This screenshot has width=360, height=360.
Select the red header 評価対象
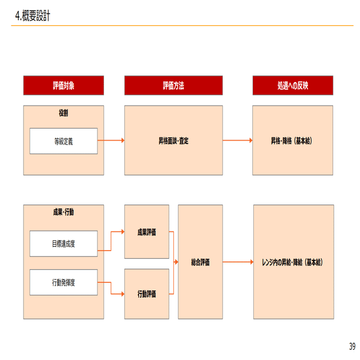click(63, 85)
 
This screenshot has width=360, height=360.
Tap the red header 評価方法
click(173, 85)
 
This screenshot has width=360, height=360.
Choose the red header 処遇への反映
click(293, 85)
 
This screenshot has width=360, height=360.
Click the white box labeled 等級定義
click(63, 141)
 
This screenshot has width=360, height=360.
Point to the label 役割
click(63, 113)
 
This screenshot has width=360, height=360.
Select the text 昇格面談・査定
click(173, 141)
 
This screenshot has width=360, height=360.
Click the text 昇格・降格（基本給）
click(293, 141)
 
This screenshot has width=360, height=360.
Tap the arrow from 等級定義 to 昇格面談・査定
click(111, 141)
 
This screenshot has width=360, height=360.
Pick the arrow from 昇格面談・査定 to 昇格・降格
click(237, 141)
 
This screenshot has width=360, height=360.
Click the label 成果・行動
click(63, 212)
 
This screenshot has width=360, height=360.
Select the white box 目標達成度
click(63, 243)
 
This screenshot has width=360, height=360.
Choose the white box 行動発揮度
click(63, 282)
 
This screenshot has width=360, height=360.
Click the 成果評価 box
click(147, 232)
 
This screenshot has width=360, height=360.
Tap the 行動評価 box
click(147, 294)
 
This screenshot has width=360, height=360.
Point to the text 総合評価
click(200, 263)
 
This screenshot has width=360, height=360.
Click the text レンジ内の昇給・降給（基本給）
click(293, 263)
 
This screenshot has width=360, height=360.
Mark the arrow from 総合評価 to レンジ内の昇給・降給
click(238, 263)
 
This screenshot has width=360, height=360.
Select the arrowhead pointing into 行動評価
click(122, 294)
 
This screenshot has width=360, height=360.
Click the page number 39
click(352, 346)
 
